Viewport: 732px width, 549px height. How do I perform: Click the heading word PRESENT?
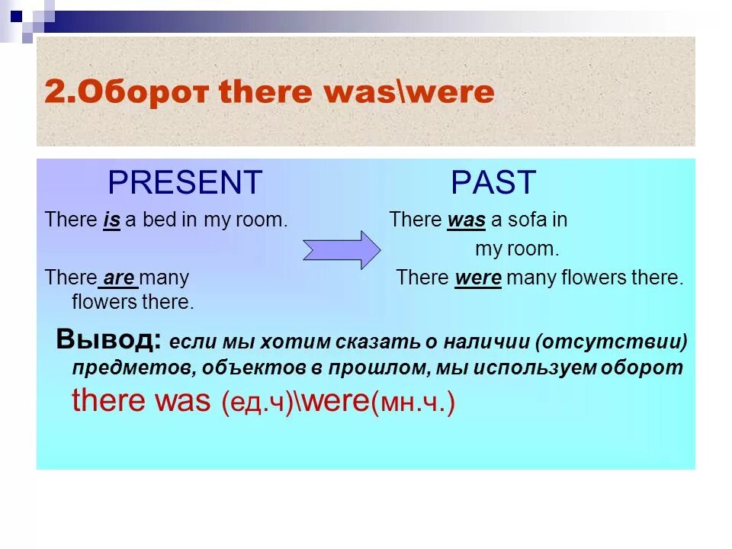(185, 182)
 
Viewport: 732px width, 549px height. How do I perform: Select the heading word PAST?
(493, 182)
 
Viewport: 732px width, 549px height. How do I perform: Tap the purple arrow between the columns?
(342, 250)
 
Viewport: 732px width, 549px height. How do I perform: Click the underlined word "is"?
(111, 220)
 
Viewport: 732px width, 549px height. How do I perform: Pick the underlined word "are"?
(119, 278)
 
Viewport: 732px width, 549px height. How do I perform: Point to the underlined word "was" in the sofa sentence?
(467, 220)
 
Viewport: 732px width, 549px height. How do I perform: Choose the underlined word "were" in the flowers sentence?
(478, 278)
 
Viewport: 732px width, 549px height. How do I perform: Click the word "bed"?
(159, 220)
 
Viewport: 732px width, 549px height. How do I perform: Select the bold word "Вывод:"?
(109, 339)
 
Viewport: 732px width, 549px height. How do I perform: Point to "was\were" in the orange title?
(409, 91)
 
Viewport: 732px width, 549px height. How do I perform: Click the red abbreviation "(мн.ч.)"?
(413, 402)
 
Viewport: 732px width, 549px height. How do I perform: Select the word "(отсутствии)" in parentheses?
(612, 342)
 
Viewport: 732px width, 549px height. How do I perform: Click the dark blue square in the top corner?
(16, 17)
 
